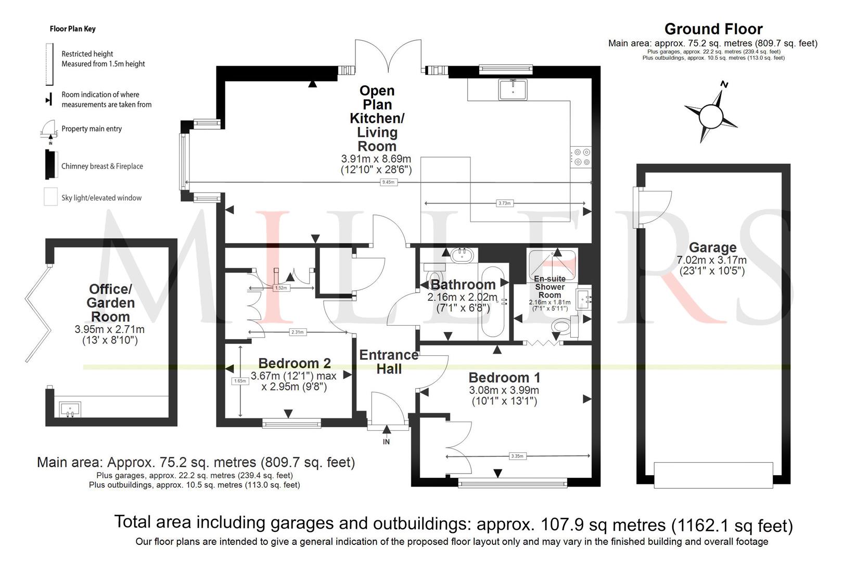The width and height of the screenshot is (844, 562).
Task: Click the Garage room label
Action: (712, 248)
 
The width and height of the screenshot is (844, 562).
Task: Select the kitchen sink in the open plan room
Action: (513, 90)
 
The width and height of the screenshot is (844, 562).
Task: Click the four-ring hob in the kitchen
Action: (581, 157)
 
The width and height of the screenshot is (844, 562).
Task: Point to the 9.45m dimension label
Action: (388, 183)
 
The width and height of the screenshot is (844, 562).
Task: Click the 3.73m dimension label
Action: (504, 203)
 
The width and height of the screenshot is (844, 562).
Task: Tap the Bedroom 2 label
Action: (295, 363)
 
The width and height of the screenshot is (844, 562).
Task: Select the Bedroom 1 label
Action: (504, 378)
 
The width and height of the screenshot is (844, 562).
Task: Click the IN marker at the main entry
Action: (386, 442)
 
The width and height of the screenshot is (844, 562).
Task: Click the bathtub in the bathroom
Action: (493, 302)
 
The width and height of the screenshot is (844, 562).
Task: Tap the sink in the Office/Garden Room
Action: (70, 410)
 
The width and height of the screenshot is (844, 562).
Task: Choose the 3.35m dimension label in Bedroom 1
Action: (517, 456)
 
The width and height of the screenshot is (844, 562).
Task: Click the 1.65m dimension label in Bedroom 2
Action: (240, 381)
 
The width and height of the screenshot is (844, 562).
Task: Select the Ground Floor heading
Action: (713, 29)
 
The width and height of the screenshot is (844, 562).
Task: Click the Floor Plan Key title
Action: (73, 29)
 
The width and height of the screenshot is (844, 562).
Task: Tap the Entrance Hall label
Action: (389, 362)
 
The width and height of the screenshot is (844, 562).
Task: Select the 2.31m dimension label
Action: (297, 333)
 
